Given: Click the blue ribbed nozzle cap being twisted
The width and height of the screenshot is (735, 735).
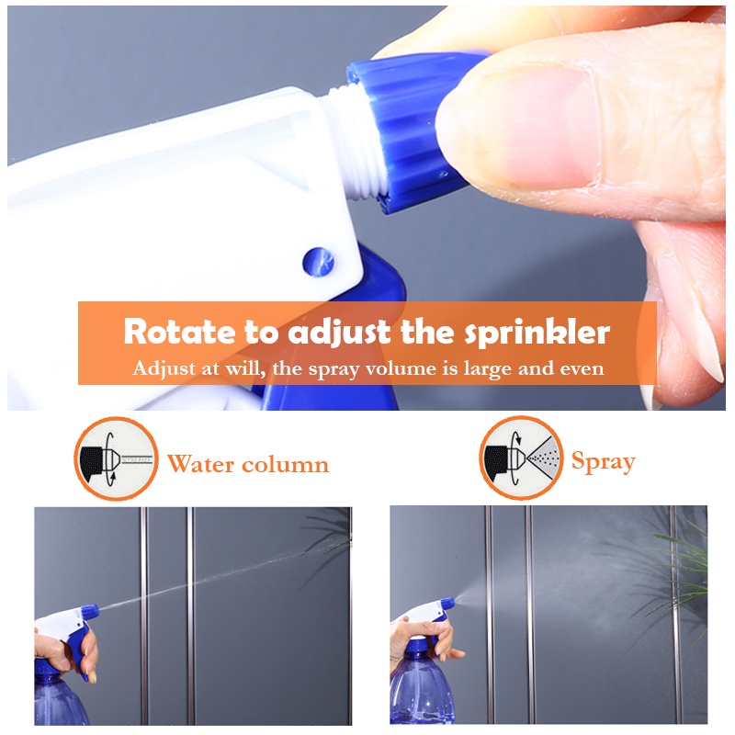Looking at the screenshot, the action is pyautogui.click(x=408, y=131).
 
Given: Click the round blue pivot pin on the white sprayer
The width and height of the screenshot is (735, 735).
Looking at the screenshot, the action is pyautogui.click(x=318, y=262).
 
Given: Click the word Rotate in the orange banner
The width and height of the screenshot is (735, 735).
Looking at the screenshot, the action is pyautogui.click(x=179, y=332).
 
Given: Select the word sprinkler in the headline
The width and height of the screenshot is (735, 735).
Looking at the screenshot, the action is pyautogui.click(x=537, y=334).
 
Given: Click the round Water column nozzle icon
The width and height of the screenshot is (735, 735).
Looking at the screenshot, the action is pyautogui.click(x=117, y=458).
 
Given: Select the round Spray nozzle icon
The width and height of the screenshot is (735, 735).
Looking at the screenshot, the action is pyautogui.click(x=521, y=458).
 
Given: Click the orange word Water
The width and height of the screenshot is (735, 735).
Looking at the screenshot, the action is pyautogui.click(x=200, y=464).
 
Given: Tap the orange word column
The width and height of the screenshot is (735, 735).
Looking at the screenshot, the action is pyautogui.click(x=285, y=464).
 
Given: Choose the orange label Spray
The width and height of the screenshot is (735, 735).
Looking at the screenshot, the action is pyautogui.click(x=604, y=462).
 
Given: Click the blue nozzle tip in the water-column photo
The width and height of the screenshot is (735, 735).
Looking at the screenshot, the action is pyautogui.click(x=90, y=611).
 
